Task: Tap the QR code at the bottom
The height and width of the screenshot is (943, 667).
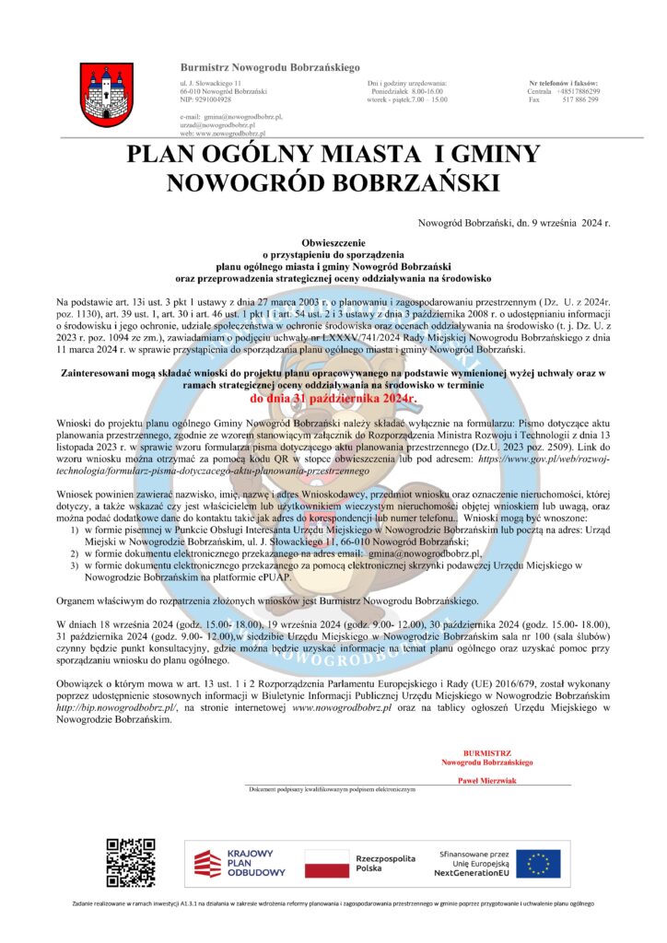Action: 130,863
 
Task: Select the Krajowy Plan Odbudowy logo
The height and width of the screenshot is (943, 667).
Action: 240,864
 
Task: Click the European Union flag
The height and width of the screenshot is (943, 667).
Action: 538,863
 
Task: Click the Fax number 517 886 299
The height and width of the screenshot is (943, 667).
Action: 580,99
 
